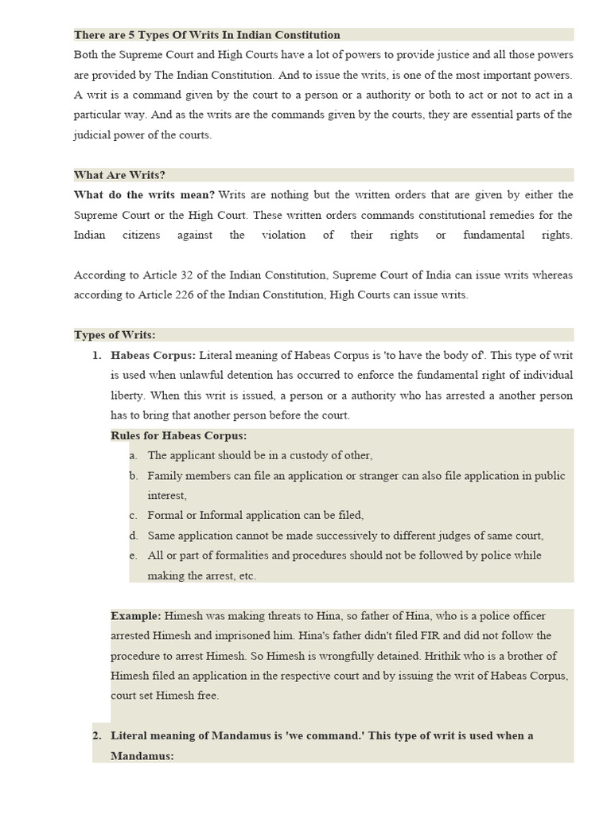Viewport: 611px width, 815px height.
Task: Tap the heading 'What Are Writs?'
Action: coord(119,175)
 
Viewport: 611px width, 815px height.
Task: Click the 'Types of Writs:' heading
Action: coord(115,335)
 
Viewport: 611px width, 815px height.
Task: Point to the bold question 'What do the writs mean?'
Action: coord(145,195)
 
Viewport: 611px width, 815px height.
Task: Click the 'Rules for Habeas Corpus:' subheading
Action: coord(178,435)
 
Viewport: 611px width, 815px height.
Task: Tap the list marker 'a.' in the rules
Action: coord(133,456)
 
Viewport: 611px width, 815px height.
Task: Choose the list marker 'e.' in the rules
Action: coord(133,556)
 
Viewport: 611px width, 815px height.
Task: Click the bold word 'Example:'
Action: coord(136,616)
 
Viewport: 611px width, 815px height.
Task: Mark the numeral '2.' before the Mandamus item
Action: coord(97,735)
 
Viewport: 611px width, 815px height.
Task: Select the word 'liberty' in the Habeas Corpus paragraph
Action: coord(127,396)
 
